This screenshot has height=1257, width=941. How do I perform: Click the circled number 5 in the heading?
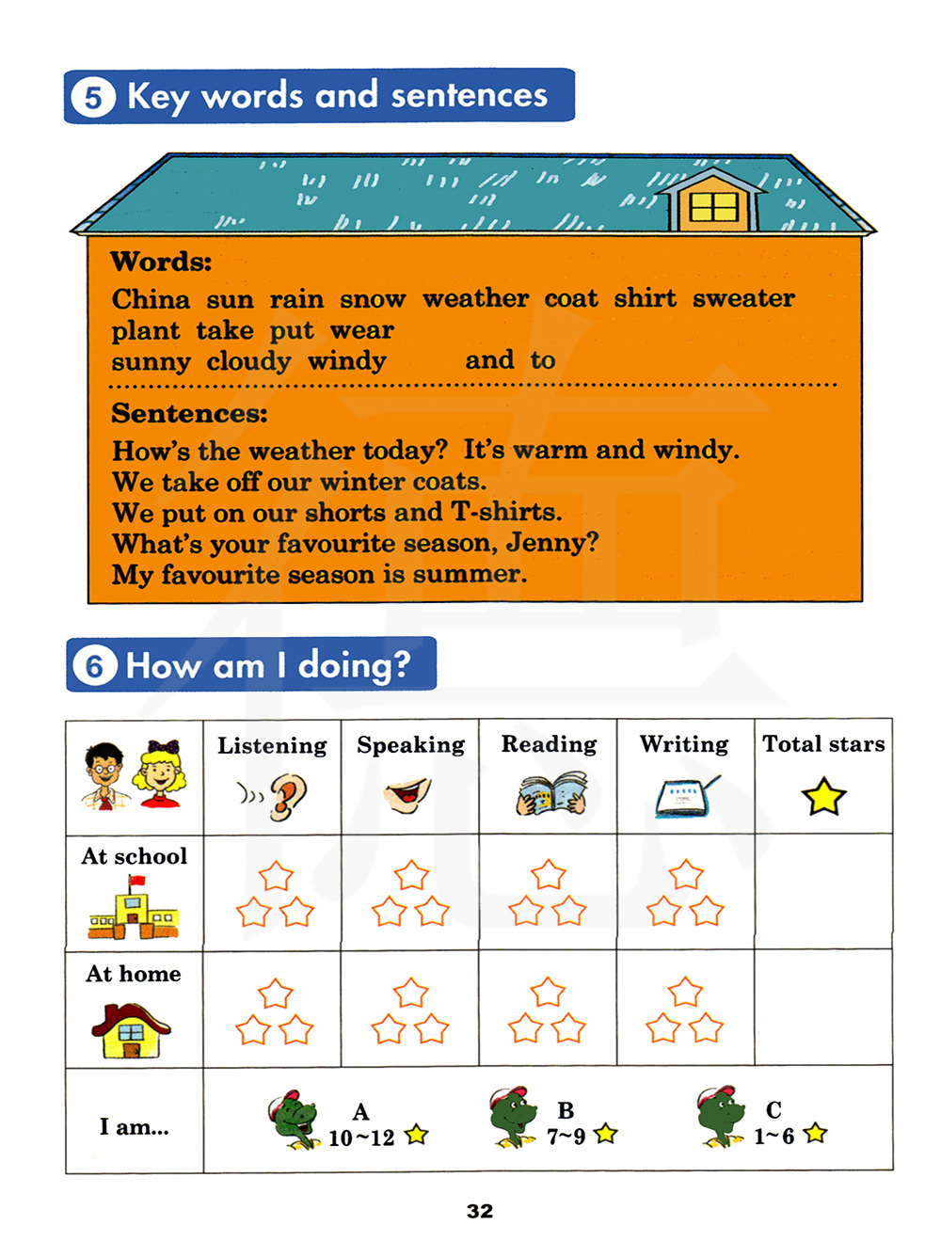[93, 97]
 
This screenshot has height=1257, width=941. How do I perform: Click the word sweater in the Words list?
[743, 298]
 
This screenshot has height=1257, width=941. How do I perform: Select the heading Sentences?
[189, 413]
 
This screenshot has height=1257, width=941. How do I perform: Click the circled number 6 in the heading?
[95, 666]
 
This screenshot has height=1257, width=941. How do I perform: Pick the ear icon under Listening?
[286, 796]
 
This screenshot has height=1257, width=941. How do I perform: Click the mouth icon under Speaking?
[408, 795]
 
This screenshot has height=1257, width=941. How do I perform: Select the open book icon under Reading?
[551, 794]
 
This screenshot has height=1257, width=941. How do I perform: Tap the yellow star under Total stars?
[823, 796]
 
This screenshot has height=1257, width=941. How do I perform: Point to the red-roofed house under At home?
[132, 1029]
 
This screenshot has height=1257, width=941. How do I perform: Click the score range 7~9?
[566, 1138]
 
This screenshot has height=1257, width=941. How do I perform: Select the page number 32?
[480, 1211]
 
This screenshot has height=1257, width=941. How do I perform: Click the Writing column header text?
[684, 744]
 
